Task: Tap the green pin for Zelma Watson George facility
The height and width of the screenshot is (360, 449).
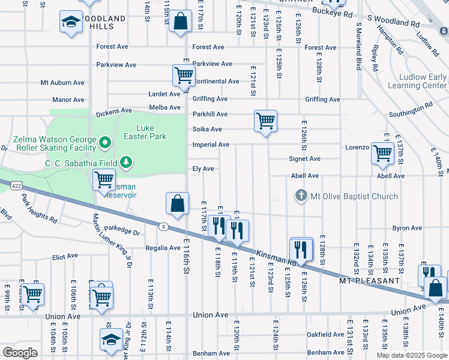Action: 105,143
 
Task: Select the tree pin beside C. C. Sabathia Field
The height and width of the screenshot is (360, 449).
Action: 125,161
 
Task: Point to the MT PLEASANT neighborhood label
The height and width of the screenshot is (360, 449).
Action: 369,281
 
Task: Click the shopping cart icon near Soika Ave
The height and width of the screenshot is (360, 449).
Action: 265,121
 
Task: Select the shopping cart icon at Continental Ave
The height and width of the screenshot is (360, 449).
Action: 183,76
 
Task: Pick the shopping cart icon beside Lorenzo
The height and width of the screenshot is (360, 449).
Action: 382,152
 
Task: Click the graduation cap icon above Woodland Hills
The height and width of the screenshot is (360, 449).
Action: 71,23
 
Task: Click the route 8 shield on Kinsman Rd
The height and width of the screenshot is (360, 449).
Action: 163,226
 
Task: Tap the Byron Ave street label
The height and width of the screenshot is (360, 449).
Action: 407,228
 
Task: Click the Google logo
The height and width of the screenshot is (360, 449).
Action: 20,353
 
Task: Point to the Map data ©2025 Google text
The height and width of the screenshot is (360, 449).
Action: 412,355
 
